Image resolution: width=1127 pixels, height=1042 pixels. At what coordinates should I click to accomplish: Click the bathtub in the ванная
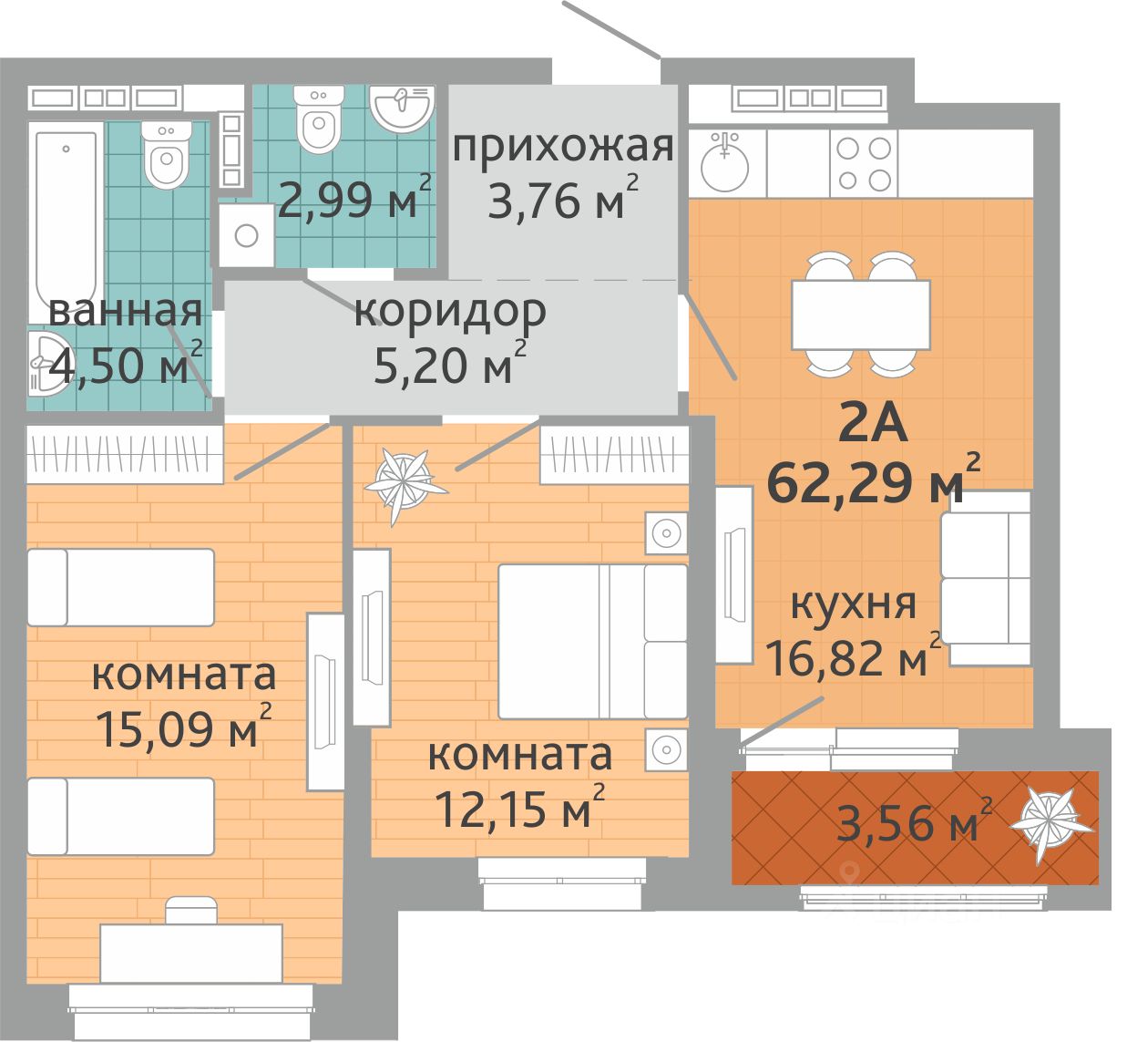point(66,222)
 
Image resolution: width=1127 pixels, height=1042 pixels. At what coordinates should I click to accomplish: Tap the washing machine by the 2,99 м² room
point(246,235)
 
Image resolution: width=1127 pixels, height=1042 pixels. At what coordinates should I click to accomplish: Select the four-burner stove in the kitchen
point(864,164)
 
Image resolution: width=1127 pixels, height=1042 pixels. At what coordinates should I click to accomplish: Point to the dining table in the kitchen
point(860,315)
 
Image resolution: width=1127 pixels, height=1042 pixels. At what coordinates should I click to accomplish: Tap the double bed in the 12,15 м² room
point(592,642)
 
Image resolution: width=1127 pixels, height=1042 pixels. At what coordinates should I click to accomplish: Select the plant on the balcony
point(1051,821)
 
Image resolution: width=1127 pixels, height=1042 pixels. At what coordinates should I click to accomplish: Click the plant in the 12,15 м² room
point(404,482)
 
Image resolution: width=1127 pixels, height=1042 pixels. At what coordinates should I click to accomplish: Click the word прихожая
point(563,147)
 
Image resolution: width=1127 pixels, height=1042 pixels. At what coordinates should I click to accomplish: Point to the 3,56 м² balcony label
point(914,821)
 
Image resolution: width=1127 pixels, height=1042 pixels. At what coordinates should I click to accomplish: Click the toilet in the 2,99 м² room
point(319,119)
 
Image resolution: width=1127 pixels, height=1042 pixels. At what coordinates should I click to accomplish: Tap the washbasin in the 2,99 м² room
point(402,108)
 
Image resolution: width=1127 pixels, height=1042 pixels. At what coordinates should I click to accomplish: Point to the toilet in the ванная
point(166,154)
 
